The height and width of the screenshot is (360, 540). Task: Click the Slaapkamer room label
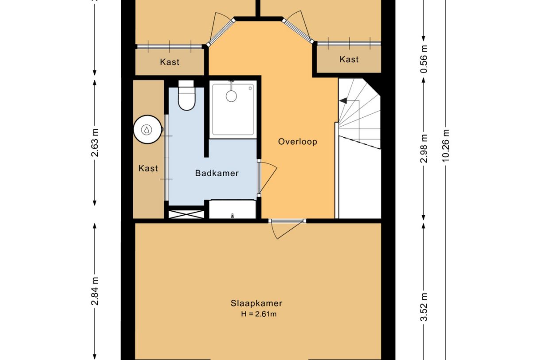tap(256, 303)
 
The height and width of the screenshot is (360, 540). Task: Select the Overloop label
tap(297, 142)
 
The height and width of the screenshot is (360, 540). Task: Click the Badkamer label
tap(216, 173)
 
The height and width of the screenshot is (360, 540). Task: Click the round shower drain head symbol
tap(231, 96)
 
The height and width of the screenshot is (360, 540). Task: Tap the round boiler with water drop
tap(147, 129)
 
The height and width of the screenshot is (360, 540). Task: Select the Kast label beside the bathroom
tap(148, 168)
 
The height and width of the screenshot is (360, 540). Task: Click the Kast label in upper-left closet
tap(170, 62)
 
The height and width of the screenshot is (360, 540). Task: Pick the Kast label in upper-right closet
tap(349, 59)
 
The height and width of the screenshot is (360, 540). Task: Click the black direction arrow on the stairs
tap(343, 101)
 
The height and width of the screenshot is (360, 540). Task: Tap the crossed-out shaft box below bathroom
tap(186, 214)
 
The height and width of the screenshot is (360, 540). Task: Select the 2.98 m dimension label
tap(424, 148)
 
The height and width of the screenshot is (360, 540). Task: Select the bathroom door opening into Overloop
tap(266, 177)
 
